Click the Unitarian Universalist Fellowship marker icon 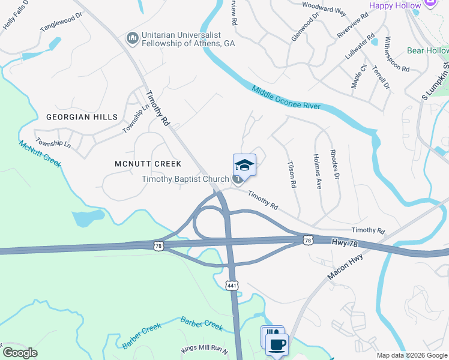132,38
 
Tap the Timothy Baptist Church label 185,179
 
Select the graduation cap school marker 244,164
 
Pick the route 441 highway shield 232,285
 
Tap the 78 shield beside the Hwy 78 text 308,240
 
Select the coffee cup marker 277,344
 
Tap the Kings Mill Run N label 205,349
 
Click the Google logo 20,353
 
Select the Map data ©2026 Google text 412,355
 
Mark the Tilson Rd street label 292,175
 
